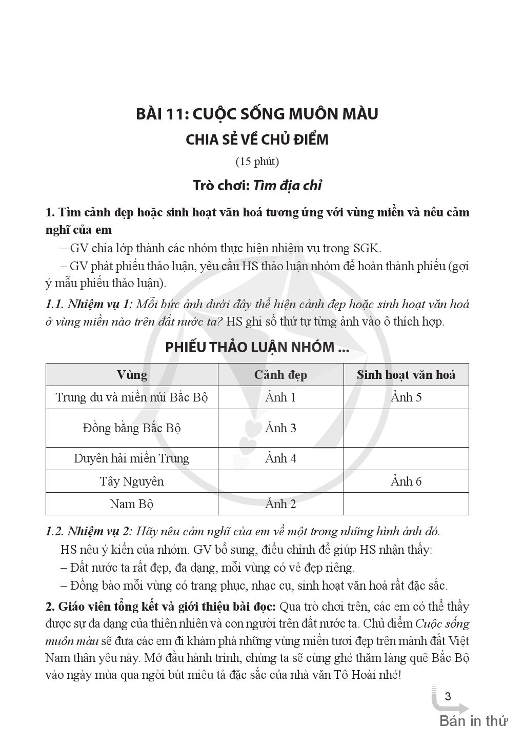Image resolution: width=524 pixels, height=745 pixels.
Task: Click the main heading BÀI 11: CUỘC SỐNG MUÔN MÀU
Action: [257, 114]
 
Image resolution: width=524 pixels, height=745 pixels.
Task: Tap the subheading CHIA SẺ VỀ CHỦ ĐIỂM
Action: [257, 139]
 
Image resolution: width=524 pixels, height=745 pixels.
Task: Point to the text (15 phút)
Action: [257, 162]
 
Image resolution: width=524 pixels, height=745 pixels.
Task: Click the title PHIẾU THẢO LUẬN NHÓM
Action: [257, 347]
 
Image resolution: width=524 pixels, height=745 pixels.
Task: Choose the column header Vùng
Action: [132, 375]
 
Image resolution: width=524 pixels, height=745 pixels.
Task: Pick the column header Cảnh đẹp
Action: [280, 375]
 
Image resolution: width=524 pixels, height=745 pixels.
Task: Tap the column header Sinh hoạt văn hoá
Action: [406, 375]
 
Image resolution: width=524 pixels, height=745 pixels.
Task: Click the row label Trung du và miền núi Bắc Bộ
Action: [132, 397]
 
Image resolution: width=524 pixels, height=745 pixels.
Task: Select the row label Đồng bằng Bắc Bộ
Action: [132, 428]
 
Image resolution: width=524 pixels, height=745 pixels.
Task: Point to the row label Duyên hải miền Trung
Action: [132, 458]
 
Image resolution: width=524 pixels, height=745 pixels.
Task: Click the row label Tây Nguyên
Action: [132, 481]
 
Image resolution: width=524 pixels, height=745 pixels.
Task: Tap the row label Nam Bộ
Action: [132, 504]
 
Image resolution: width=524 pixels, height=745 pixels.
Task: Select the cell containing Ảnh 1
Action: [280, 397]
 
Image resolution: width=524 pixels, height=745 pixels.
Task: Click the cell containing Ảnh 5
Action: [406, 397]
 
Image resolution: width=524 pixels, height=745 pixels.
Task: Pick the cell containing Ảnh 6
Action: [406, 481]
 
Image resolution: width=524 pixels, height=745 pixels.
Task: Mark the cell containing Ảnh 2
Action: [280, 504]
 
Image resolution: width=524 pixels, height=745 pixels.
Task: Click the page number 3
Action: [448, 696]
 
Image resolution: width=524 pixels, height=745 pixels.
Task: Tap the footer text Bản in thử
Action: [473, 721]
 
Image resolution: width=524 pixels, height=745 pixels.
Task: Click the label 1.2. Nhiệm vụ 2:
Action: [89, 531]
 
